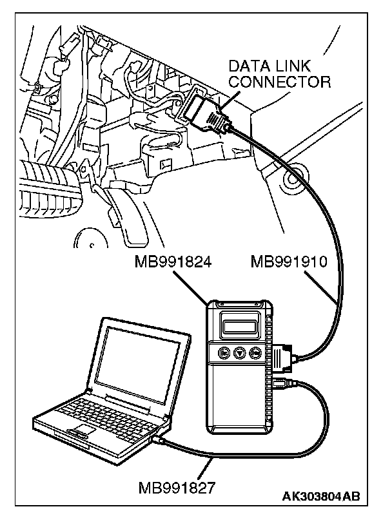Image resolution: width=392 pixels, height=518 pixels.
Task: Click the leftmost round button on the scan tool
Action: (223, 352)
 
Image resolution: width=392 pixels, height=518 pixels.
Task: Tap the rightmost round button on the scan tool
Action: (255, 352)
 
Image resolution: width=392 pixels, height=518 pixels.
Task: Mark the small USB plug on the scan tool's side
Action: (280, 385)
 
